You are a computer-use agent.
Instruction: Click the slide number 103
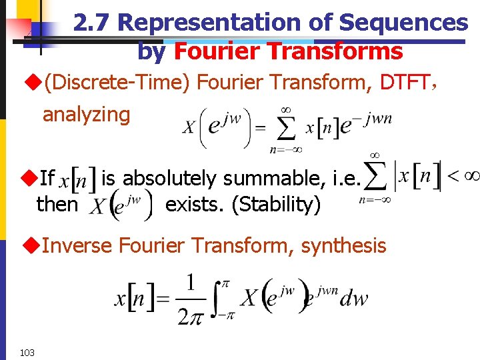coord(27,352)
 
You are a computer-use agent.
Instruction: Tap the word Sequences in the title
coord(403,23)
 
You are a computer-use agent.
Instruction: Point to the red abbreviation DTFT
coord(404,83)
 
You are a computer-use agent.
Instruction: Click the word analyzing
coord(87,114)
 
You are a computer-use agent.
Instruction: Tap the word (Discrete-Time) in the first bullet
coord(117,83)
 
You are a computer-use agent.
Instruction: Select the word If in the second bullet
coord(47,178)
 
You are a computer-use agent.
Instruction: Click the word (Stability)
coord(276,204)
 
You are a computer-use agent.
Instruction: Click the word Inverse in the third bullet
coord(78,245)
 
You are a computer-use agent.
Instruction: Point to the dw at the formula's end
coord(353,298)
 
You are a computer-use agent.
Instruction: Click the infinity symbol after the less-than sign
coord(470,176)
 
